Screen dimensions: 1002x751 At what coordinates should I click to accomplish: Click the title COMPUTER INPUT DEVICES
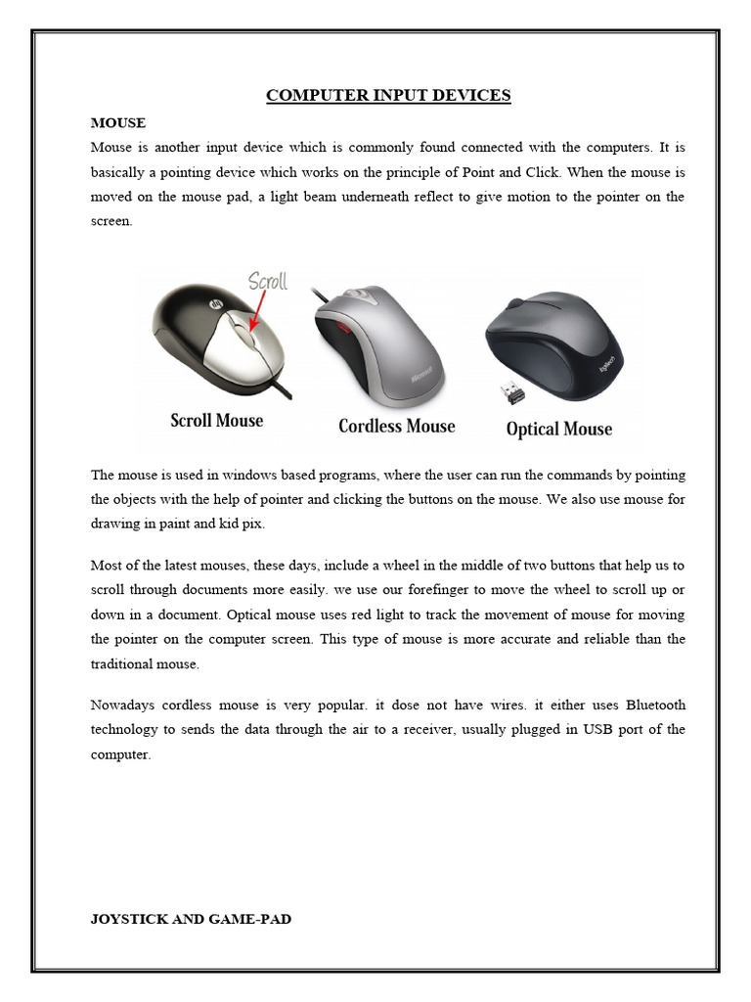388,95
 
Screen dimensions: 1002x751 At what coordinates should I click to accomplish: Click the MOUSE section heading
118,123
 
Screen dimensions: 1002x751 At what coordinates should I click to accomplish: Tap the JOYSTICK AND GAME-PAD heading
191,919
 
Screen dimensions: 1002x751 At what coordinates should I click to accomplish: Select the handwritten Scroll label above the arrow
267,282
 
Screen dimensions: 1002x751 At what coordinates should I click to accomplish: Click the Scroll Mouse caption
217,421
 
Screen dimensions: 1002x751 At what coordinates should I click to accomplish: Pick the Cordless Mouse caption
396,427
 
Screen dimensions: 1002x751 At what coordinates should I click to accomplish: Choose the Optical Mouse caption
558,429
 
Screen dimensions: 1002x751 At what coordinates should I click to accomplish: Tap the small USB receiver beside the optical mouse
511,393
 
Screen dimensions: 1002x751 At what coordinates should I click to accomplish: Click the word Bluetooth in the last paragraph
655,706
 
